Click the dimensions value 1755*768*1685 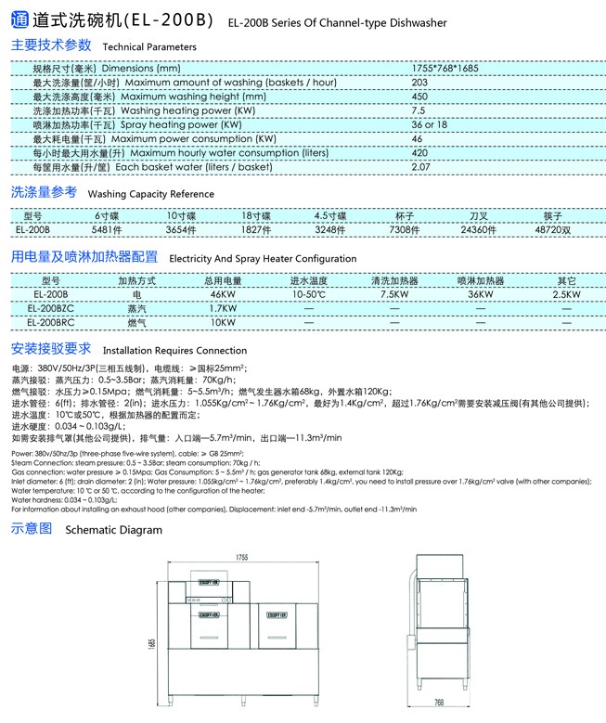point(444,69)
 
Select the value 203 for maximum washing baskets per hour point(419,83)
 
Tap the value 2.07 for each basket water point(420,167)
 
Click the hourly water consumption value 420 point(419,153)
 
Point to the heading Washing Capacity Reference point(150,195)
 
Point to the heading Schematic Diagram point(113,530)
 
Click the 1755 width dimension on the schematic point(241,557)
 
